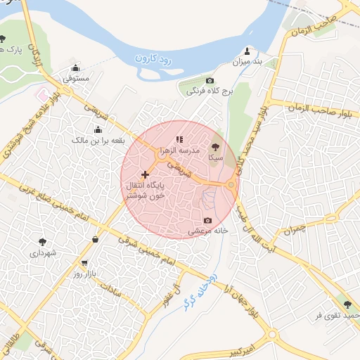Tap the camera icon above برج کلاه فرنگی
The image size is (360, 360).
pos(210,81)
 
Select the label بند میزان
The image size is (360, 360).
pos(247,62)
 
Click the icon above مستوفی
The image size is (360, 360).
pos(76,68)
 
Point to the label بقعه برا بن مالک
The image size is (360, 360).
pos(98,141)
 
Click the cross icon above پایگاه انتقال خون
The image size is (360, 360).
pos(146,174)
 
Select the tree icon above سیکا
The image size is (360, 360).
pos(215,147)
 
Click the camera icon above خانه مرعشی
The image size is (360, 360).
pos(207,220)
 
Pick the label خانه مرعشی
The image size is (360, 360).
pos(206,231)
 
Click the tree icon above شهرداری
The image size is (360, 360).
pos(44,241)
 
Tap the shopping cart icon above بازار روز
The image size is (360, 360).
pos(85,264)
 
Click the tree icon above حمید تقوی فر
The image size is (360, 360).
pos(347,304)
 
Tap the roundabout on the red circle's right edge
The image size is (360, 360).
pos(231,185)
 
